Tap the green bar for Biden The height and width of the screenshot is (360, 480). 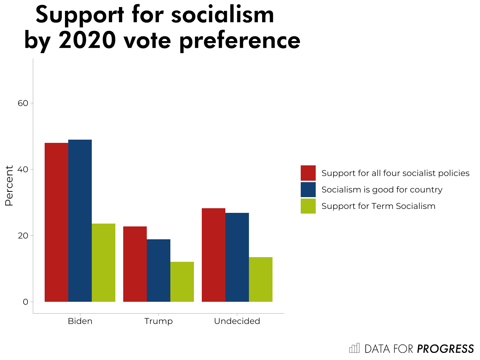[x=104, y=262]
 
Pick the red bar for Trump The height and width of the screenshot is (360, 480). [x=135, y=264]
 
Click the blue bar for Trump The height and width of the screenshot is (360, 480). [x=159, y=270]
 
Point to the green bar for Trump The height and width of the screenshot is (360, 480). [x=182, y=282]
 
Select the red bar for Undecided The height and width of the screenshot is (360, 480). [x=214, y=255]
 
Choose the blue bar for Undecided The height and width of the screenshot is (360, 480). [x=237, y=257]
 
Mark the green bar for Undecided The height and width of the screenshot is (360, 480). [x=261, y=279]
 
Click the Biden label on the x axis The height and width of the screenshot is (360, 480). [x=80, y=321]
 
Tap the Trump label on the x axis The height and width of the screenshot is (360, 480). [x=159, y=321]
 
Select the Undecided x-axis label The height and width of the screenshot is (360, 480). [x=237, y=321]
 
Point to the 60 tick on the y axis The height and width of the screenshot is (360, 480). [x=23, y=103]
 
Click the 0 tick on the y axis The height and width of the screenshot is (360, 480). [x=25, y=302]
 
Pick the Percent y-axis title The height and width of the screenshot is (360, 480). [x=9, y=186]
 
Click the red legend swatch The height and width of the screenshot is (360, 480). [x=308, y=173]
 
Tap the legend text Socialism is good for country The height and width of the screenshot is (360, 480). [x=382, y=190]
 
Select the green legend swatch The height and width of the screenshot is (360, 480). [x=308, y=206]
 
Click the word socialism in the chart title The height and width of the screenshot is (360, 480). [x=222, y=15]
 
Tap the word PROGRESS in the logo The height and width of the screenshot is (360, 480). [x=445, y=349]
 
